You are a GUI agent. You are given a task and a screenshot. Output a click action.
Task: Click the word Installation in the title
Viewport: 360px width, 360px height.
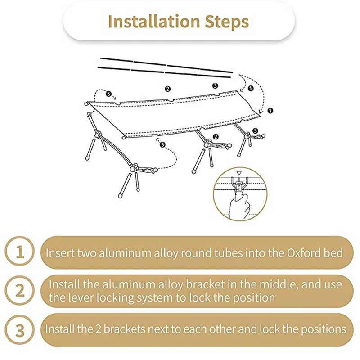coord(153,22)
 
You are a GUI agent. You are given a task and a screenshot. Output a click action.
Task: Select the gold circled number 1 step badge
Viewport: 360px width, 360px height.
coord(20,252)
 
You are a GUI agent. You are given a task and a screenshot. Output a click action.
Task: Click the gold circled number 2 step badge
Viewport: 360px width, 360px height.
coord(20,291)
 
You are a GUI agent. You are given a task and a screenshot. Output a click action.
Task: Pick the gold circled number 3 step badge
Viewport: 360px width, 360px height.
coord(20,329)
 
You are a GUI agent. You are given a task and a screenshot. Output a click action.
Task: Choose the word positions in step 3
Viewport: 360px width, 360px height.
coord(322,328)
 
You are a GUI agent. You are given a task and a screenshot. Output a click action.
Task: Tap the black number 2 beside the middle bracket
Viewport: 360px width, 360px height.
coord(216,136)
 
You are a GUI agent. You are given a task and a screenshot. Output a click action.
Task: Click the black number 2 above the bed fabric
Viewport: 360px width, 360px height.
coord(167,89)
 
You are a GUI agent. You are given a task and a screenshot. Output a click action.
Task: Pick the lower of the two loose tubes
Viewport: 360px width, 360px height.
coord(166,72)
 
